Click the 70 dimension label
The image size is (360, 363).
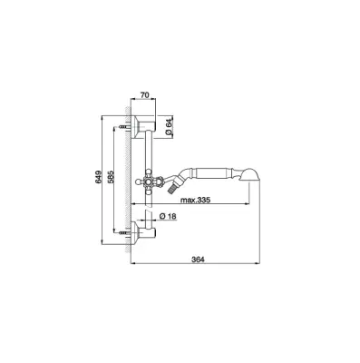click(x=145, y=95)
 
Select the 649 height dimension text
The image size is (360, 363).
click(x=97, y=178)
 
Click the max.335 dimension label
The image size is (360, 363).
click(x=195, y=200)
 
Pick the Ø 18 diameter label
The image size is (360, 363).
click(x=168, y=216)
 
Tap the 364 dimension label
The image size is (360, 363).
click(x=198, y=260)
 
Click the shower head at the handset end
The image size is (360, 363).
click(x=250, y=173)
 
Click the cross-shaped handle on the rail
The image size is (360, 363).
click(x=149, y=181)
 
